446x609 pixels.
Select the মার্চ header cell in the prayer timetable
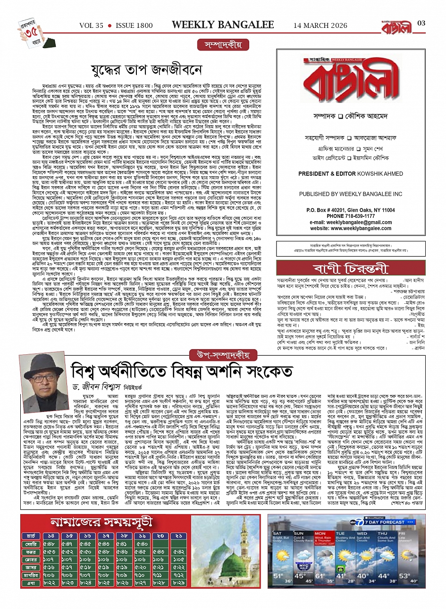click(x=31, y=537)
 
